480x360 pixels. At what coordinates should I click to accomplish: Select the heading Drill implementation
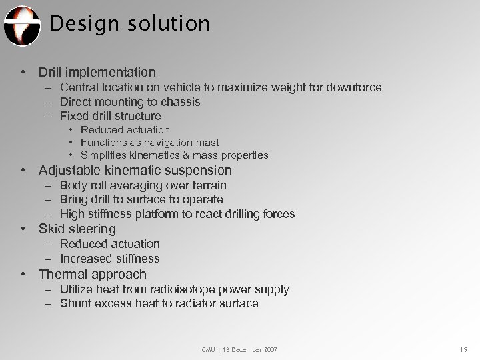pyautogui.click(x=97, y=72)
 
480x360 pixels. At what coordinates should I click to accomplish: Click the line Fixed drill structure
pyautogui.click(x=120, y=116)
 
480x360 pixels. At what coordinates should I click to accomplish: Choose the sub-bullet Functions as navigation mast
pyautogui.click(x=149, y=143)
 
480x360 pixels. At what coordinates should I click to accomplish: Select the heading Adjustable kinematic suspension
pyautogui.click(x=135, y=171)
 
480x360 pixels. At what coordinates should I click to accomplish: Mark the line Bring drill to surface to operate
pyautogui.click(x=141, y=199)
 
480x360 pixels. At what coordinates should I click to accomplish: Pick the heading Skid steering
pyautogui.click(x=77, y=229)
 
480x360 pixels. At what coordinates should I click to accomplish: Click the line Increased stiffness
pyautogui.click(x=109, y=259)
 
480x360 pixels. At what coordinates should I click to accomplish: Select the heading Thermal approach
pyautogui.click(x=92, y=275)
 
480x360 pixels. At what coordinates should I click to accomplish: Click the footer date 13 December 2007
pyautogui.click(x=251, y=349)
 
